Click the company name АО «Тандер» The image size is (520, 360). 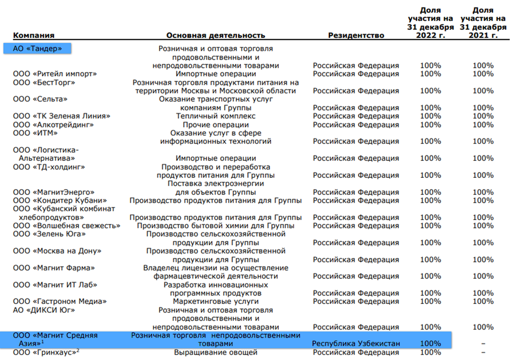pos(37,49)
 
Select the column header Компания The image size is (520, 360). pos(34,35)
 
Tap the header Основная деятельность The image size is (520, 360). pos(215,35)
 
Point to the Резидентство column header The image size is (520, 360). pos(356,35)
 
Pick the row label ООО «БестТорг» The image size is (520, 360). pos(44,82)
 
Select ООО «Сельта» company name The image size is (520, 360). pos(40,99)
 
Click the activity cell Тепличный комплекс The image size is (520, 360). pos(216,116)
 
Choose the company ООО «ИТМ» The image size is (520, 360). pos(35,133)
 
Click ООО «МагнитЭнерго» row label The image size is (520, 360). pos(53,192)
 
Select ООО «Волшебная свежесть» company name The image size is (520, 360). pos(66,226)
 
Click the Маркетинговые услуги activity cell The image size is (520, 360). pos(216,301)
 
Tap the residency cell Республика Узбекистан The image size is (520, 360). pos(356,343)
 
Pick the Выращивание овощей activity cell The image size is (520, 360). pos(216,352)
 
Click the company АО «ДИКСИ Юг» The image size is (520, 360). pos(44,310)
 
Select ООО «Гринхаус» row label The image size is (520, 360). pos(46,352)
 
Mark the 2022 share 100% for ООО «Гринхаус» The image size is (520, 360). pos(430,352)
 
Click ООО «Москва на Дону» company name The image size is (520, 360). pos(57,251)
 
